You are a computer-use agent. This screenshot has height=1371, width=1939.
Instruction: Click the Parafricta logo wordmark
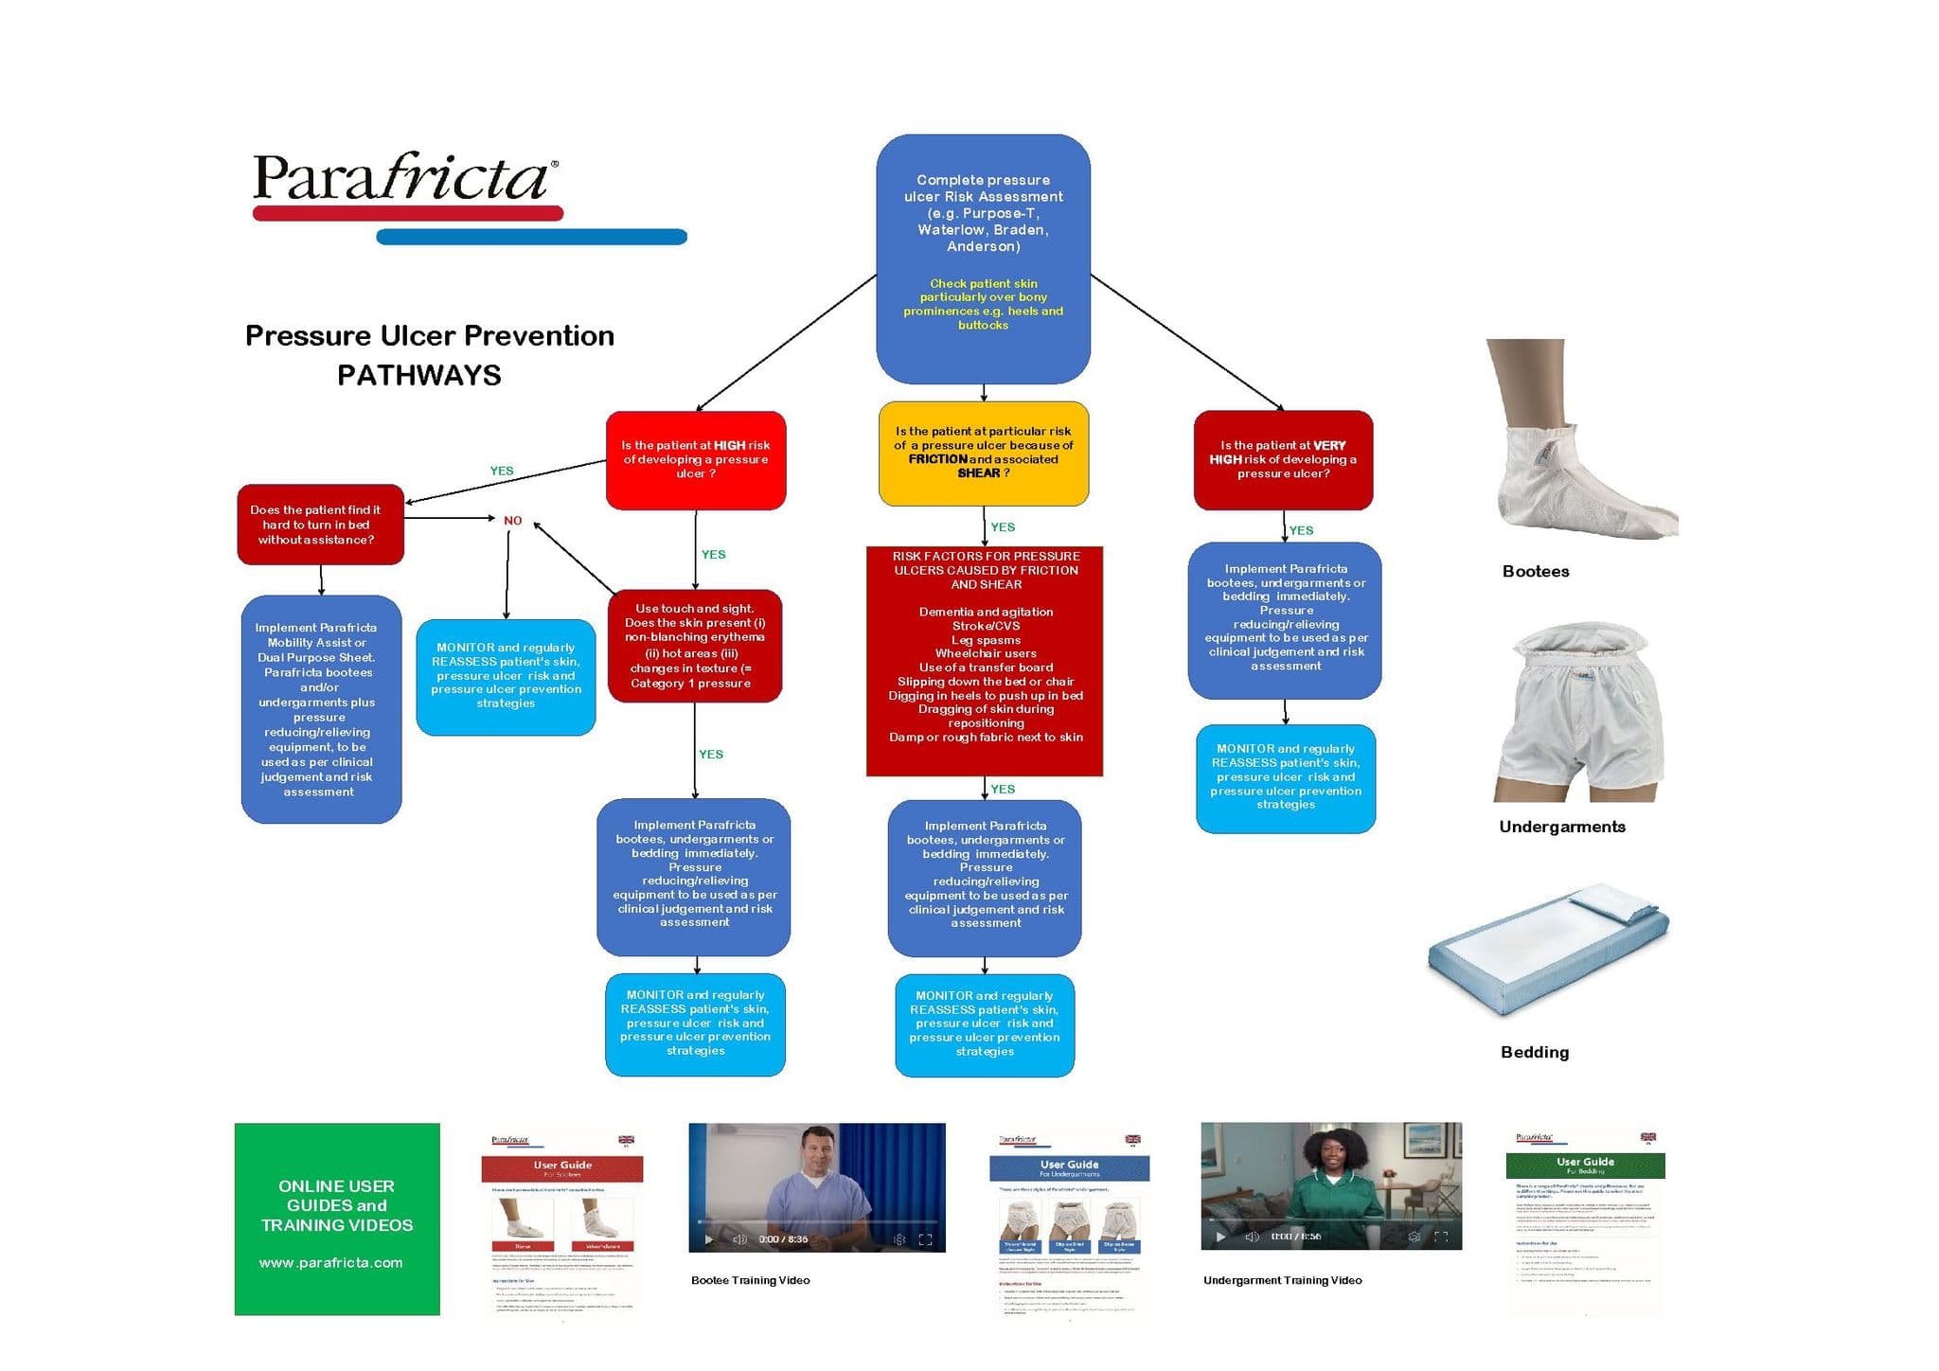click(x=402, y=178)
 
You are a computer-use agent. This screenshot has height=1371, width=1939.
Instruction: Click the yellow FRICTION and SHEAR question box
click(x=983, y=454)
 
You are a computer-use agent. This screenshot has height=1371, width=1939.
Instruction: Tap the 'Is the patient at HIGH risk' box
click(x=695, y=460)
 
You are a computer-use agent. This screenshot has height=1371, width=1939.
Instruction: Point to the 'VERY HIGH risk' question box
click(x=1283, y=460)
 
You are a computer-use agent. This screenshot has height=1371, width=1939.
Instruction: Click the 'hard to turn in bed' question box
click(x=320, y=525)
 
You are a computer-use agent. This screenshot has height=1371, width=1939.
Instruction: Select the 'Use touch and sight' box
click(x=694, y=646)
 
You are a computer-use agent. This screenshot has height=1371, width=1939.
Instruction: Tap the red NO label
click(x=512, y=521)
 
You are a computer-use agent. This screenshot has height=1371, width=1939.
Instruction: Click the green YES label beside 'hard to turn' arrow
click(x=502, y=471)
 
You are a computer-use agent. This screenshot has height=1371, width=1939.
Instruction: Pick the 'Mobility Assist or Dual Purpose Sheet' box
click(x=321, y=709)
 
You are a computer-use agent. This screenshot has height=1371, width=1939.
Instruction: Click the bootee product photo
click(x=1582, y=440)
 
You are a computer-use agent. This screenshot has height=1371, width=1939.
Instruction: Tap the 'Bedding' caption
click(x=1534, y=1052)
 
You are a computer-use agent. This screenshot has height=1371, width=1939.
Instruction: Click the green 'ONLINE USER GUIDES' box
click(x=337, y=1219)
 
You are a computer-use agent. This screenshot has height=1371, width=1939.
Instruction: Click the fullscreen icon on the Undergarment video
click(x=1441, y=1237)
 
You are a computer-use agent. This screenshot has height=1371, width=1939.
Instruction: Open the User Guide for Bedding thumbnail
click(x=1584, y=1221)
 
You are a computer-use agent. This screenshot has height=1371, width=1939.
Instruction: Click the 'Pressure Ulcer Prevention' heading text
click(x=429, y=336)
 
